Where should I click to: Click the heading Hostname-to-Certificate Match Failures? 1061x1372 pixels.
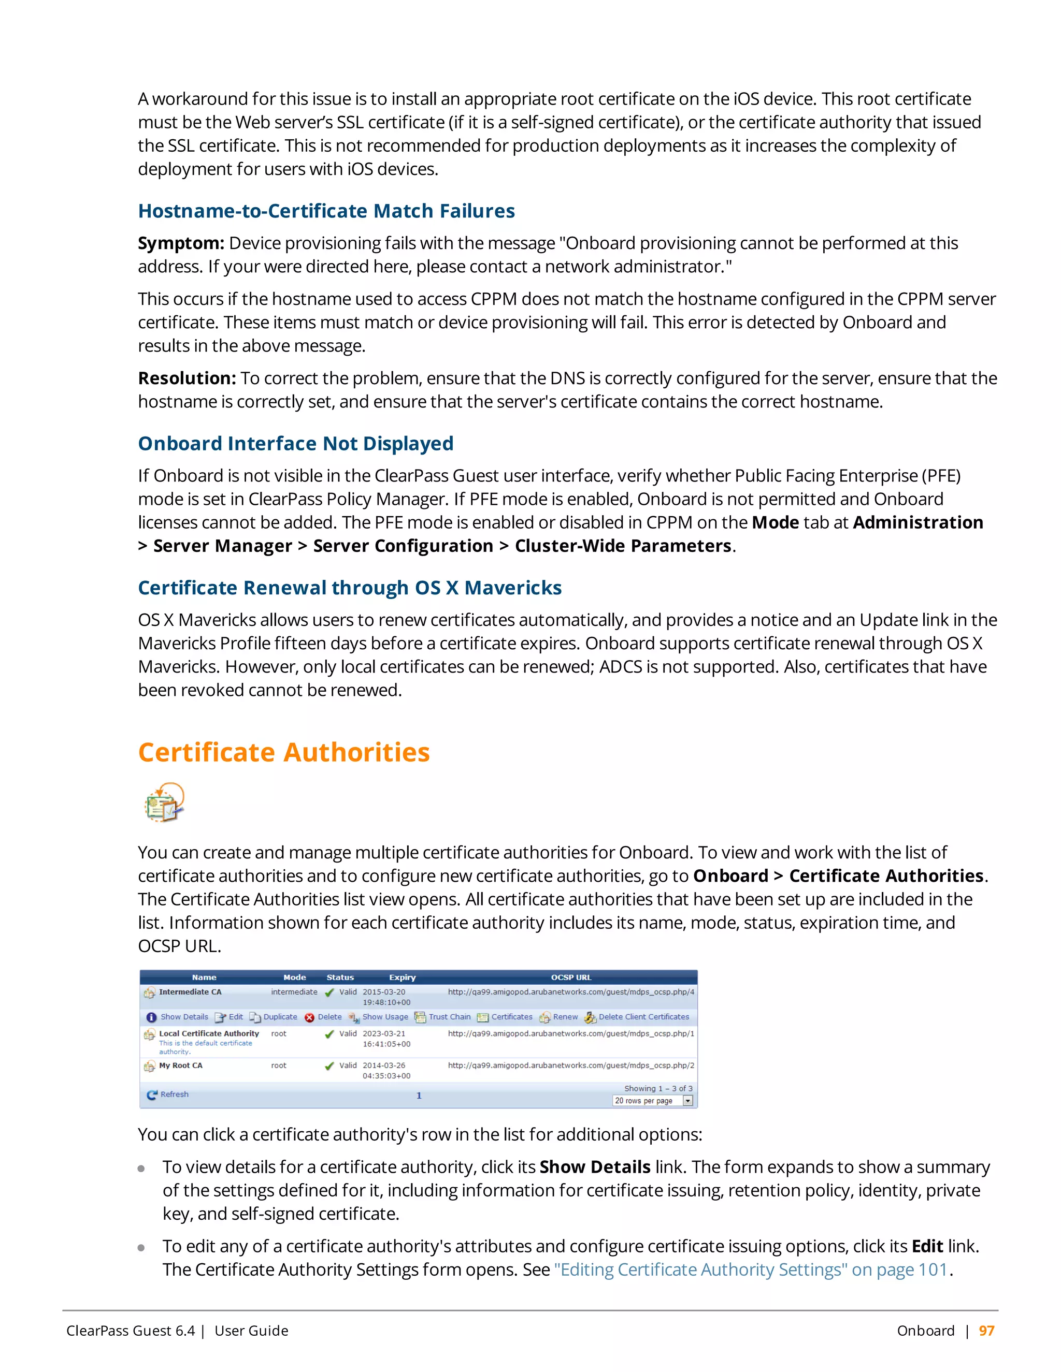click(x=326, y=211)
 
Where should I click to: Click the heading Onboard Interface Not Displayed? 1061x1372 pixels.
click(x=295, y=444)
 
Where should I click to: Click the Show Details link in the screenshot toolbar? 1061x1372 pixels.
click(x=183, y=1017)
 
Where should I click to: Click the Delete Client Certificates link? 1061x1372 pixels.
click(x=643, y=1017)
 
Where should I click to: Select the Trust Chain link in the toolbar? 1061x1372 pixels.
click(x=449, y=1017)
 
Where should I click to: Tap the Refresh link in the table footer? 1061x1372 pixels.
click(x=174, y=1094)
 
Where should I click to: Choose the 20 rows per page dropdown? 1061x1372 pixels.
click(x=652, y=1101)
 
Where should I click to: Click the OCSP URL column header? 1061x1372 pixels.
click(x=571, y=977)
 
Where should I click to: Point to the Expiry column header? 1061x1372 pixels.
click(x=402, y=977)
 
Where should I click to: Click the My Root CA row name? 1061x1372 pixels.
click(x=180, y=1066)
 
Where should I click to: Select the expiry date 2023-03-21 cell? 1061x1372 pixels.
click(x=384, y=1033)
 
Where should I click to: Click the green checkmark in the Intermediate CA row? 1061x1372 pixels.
click(x=329, y=992)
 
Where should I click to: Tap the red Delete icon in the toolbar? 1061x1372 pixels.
click(x=309, y=1018)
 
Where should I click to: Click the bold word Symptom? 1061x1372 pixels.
click(x=181, y=243)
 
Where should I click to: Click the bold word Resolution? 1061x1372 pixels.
click(x=187, y=378)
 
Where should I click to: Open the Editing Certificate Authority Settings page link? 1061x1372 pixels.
click(x=751, y=1269)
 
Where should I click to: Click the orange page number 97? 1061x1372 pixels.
click(x=986, y=1331)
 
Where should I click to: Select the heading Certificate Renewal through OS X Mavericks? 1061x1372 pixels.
click(x=350, y=588)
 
